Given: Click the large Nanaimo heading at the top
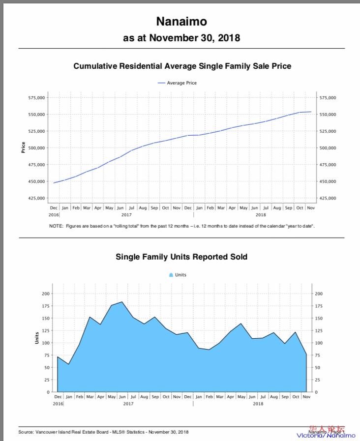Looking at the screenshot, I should click(x=181, y=22).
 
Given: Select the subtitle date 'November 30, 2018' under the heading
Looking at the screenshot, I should click(x=195, y=38).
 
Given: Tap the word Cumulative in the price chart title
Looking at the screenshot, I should click(x=95, y=66).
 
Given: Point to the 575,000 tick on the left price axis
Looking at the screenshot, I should click(x=37, y=98).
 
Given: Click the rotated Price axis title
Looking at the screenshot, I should click(x=23, y=147).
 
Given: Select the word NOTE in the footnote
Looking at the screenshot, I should click(x=56, y=226).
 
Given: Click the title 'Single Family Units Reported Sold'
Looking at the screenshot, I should click(x=181, y=257).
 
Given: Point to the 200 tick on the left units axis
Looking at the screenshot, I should click(x=45, y=294).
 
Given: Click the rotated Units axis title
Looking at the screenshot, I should click(x=37, y=338).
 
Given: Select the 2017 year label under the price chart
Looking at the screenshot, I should click(x=126, y=215).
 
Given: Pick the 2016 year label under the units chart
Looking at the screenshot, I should click(x=58, y=404).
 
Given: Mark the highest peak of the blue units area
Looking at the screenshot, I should click(x=121, y=302).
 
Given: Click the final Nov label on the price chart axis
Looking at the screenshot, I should click(x=311, y=208).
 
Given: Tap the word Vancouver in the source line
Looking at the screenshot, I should click(x=47, y=432).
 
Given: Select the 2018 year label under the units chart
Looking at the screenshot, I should click(x=258, y=404).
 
